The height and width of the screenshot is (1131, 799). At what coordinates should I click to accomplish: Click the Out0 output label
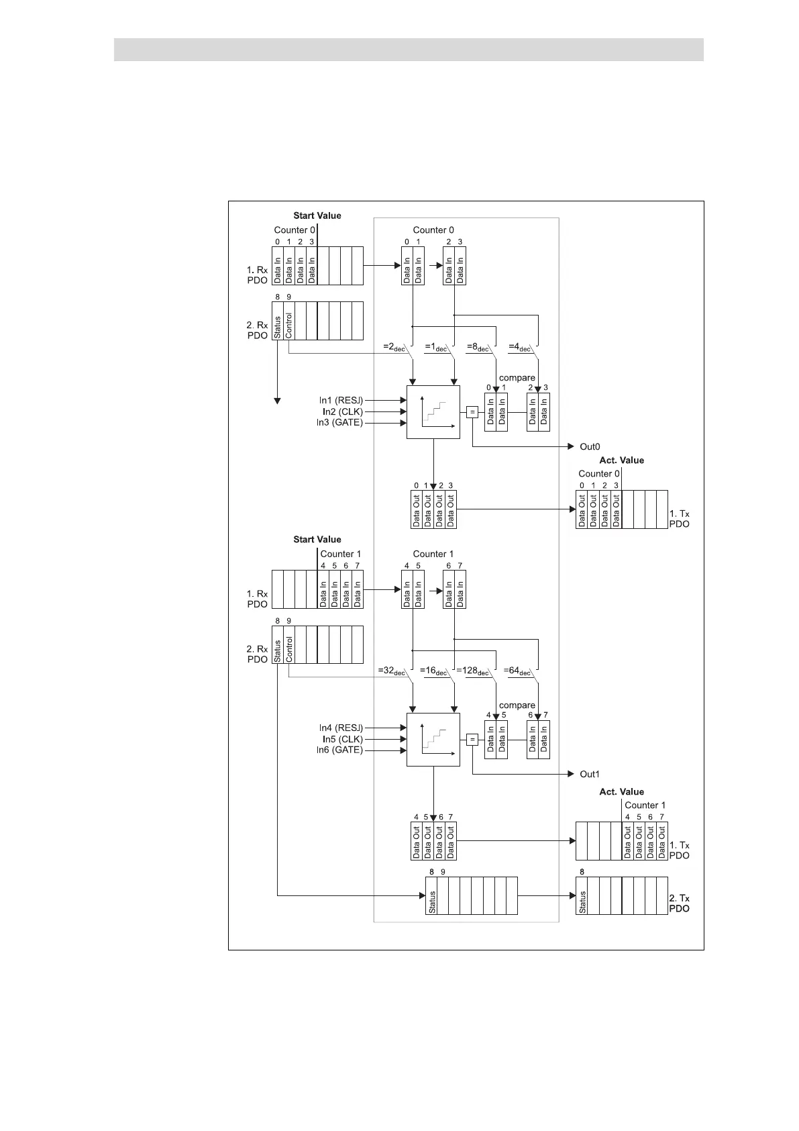tap(590, 446)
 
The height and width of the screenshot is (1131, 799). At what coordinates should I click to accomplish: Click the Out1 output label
tap(590, 774)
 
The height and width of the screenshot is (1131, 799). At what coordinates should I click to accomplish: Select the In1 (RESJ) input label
tap(340, 400)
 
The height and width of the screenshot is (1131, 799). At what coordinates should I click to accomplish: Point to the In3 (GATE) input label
tap(339, 423)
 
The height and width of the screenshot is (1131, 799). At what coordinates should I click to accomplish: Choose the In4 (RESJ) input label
tap(340, 728)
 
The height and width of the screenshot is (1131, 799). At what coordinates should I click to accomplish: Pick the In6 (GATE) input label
tap(339, 750)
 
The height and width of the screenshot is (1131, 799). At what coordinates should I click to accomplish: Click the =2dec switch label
tap(394, 348)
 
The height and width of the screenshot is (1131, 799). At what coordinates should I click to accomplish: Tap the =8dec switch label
tap(478, 348)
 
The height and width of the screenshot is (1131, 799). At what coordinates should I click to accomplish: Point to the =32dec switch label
tap(392, 671)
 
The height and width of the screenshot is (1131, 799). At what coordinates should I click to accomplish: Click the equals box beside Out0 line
tap(472, 412)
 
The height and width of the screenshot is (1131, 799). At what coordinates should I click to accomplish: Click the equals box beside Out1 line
tap(472, 740)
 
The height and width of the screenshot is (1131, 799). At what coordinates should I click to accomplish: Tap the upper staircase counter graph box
tap(433, 412)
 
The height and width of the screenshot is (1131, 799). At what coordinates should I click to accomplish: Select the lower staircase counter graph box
tap(433, 739)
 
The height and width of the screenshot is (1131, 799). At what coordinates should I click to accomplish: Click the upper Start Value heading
tap(317, 215)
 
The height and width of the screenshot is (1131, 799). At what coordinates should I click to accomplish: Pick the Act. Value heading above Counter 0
tap(621, 460)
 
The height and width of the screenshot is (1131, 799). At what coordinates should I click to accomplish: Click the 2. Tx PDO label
tap(679, 903)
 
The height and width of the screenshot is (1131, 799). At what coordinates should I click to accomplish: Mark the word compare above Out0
tap(517, 378)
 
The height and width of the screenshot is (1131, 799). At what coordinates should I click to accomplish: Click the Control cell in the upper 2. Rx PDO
tap(289, 322)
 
